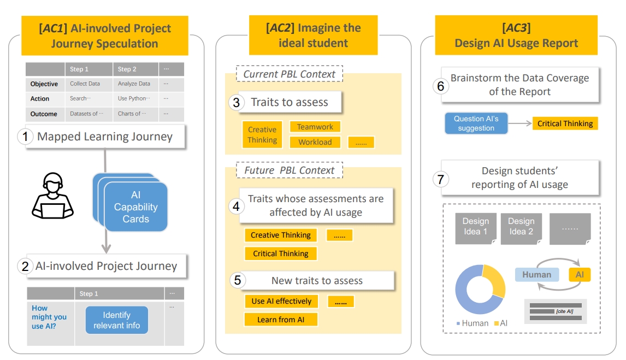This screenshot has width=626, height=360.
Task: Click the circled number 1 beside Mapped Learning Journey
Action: pyautogui.click(x=25, y=137)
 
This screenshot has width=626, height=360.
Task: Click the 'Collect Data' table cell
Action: pyautogui.click(x=85, y=84)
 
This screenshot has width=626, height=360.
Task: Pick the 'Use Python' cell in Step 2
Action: pyautogui.click(x=134, y=99)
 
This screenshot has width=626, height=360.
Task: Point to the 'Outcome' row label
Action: pyautogui.click(x=44, y=114)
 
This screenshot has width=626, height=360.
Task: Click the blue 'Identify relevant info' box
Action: pyautogui.click(x=117, y=320)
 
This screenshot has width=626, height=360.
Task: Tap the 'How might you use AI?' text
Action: pyautogui.click(x=49, y=317)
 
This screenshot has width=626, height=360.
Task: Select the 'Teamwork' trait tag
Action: pyautogui.click(x=315, y=127)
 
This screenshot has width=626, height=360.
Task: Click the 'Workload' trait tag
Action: pyautogui.click(x=315, y=142)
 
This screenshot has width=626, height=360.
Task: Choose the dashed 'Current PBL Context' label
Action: pyautogui.click(x=289, y=74)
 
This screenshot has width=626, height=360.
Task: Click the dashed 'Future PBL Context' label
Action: pyautogui.click(x=289, y=170)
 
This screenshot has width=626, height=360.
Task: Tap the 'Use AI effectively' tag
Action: pyautogui.click(x=281, y=301)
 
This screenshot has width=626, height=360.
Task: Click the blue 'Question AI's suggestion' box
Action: pyautogui.click(x=476, y=123)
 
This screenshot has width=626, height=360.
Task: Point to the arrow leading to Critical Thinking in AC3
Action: pyautogui.click(x=519, y=124)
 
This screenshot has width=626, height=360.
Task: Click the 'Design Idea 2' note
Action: pyautogui.click(x=521, y=227)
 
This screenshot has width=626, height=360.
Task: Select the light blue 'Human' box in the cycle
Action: pyautogui.click(x=536, y=275)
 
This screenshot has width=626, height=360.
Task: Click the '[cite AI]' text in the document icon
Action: pyautogui.click(x=564, y=311)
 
